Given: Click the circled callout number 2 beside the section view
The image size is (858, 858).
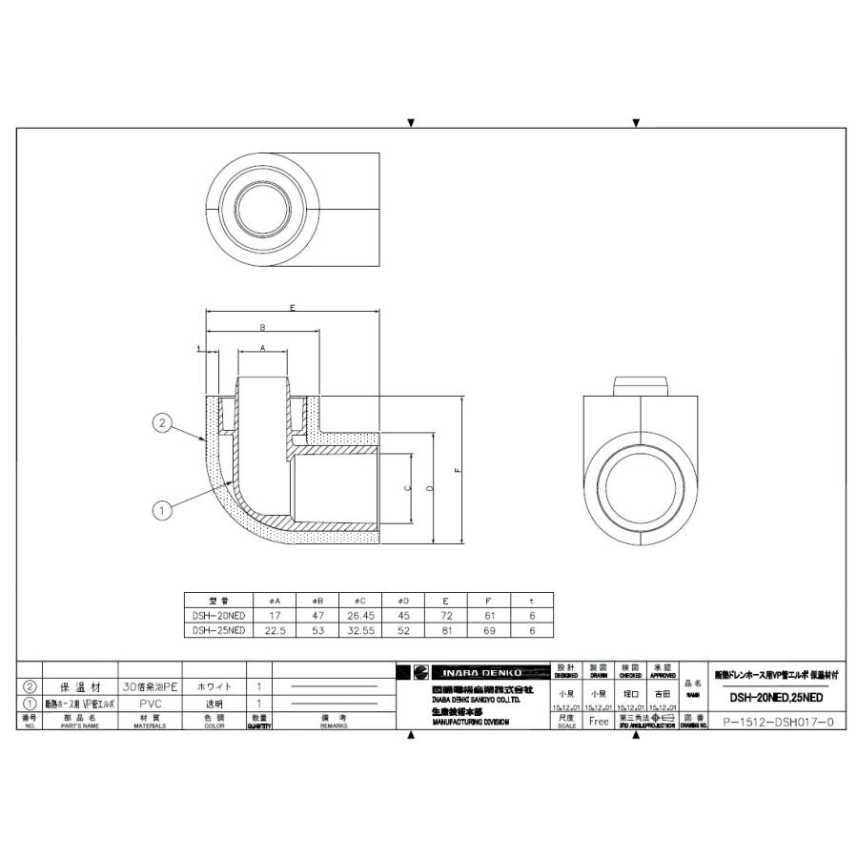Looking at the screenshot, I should pos(163,421).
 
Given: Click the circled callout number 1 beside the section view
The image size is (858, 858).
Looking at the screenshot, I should pos(163,511).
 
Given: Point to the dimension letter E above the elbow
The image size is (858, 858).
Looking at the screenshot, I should pos(293,308).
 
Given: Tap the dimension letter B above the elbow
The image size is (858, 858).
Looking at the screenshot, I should pos(262,328).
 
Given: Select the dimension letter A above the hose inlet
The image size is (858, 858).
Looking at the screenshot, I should pos(262,349).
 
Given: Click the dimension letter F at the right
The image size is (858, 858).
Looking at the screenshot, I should pos(459,470).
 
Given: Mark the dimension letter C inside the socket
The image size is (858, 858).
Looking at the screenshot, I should pos(408,488).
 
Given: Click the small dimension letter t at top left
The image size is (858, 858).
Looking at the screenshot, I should pos(199,350).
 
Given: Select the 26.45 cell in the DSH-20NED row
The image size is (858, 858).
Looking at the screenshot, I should pos(361,615).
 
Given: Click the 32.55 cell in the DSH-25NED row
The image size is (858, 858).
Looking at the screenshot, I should pos(361,630).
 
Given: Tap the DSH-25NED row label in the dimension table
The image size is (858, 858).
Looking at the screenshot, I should pos(218,630).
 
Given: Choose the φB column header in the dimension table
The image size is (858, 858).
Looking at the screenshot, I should pos(317,601).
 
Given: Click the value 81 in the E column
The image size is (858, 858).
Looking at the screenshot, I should pos(447,630).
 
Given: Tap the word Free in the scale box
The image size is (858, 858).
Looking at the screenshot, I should pos(599,722).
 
